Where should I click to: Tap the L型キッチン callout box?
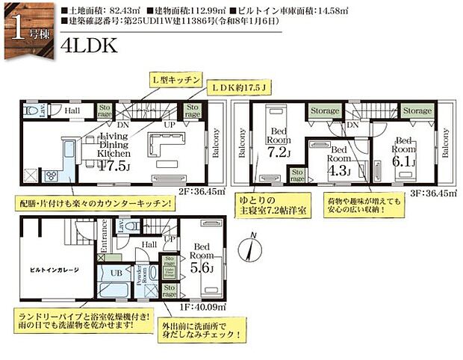tap(173, 78)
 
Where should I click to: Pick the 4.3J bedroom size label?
tap(335, 170)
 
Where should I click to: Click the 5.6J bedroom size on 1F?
tap(202, 268)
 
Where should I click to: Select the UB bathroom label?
tap(116, 274)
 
